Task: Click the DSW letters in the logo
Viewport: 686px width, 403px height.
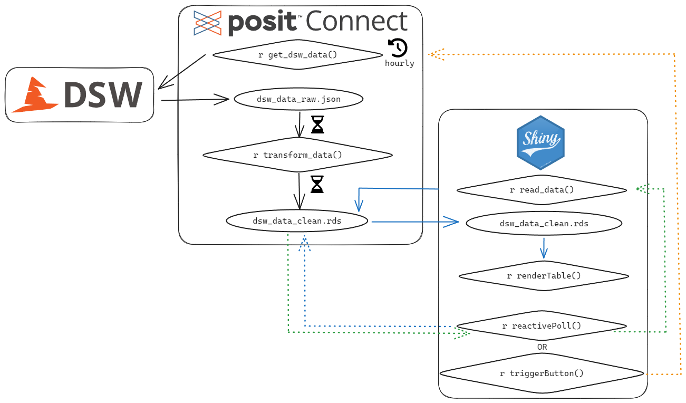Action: click(102, 95)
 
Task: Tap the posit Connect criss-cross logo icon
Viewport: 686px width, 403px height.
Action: click(207, 23)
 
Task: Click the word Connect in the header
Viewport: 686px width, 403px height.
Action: click(356, 22)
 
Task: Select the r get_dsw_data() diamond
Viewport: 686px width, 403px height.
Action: click(298, 55)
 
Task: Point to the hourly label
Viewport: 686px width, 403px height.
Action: click(399, 63)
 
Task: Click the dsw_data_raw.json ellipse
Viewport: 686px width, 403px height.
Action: click(298, 99)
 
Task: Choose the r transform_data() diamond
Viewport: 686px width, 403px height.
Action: click(298, 155)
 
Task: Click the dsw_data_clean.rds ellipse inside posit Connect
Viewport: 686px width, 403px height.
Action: click(297, 221)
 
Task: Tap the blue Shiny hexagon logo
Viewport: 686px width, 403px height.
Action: click(540, 142)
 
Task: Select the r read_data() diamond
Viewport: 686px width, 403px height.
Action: click(542, 190)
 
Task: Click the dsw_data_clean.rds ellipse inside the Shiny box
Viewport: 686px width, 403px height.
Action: click(544, 224)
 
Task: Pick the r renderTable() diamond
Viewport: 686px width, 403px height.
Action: click(544, 276)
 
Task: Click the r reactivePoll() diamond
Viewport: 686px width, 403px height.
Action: click(541, 326)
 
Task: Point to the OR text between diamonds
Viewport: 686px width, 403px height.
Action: click(542, 348)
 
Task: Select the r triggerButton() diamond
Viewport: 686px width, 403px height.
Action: click(542, 373)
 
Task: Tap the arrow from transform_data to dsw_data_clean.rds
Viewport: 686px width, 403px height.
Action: click(299, 191)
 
